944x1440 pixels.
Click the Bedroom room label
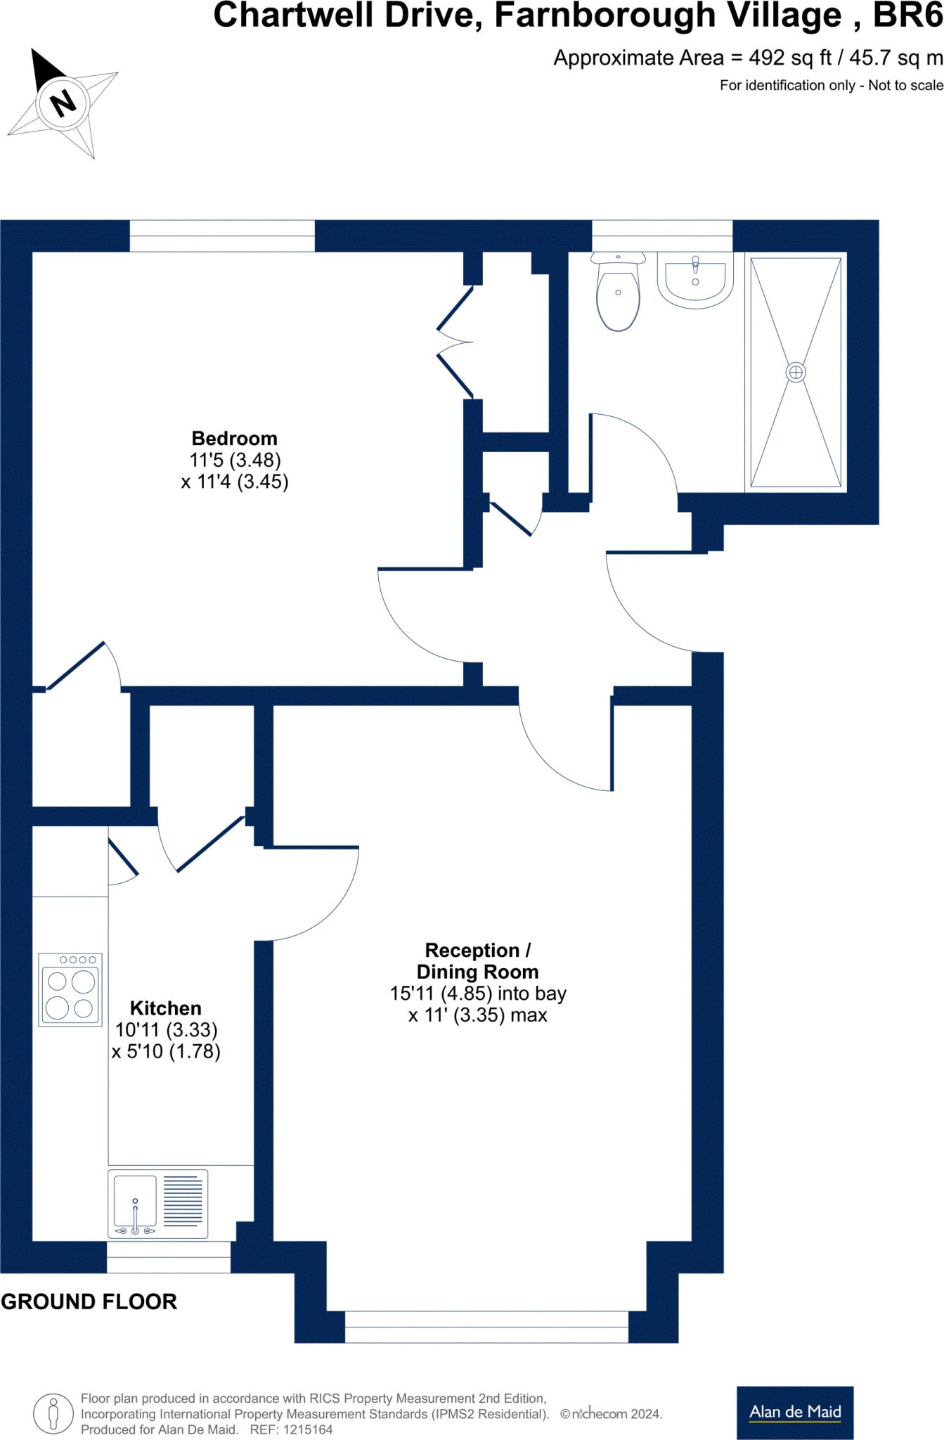tap(234, 439)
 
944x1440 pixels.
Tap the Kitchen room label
tap(165, 1008)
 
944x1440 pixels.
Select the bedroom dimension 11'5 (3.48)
tap(235, 461)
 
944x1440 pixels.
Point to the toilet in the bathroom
tap(618, 292)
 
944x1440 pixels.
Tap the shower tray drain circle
tap(796, 372)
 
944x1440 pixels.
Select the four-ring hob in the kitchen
tap(70, 990)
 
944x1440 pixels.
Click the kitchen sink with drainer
tap(157, 1204)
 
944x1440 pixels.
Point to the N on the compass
tap(63, 103)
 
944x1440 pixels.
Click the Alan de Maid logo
tap(795, 1412)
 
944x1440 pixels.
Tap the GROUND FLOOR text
tap(89, 1302)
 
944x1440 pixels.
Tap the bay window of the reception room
tap(486, 1327)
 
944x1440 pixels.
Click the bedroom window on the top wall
tap(222, 236)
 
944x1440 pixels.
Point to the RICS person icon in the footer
tap(53, 1413)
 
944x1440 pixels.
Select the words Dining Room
tap(477, 972)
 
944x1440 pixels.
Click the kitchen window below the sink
tap(169, 1256)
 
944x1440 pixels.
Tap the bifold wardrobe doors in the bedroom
tap(453, 342)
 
